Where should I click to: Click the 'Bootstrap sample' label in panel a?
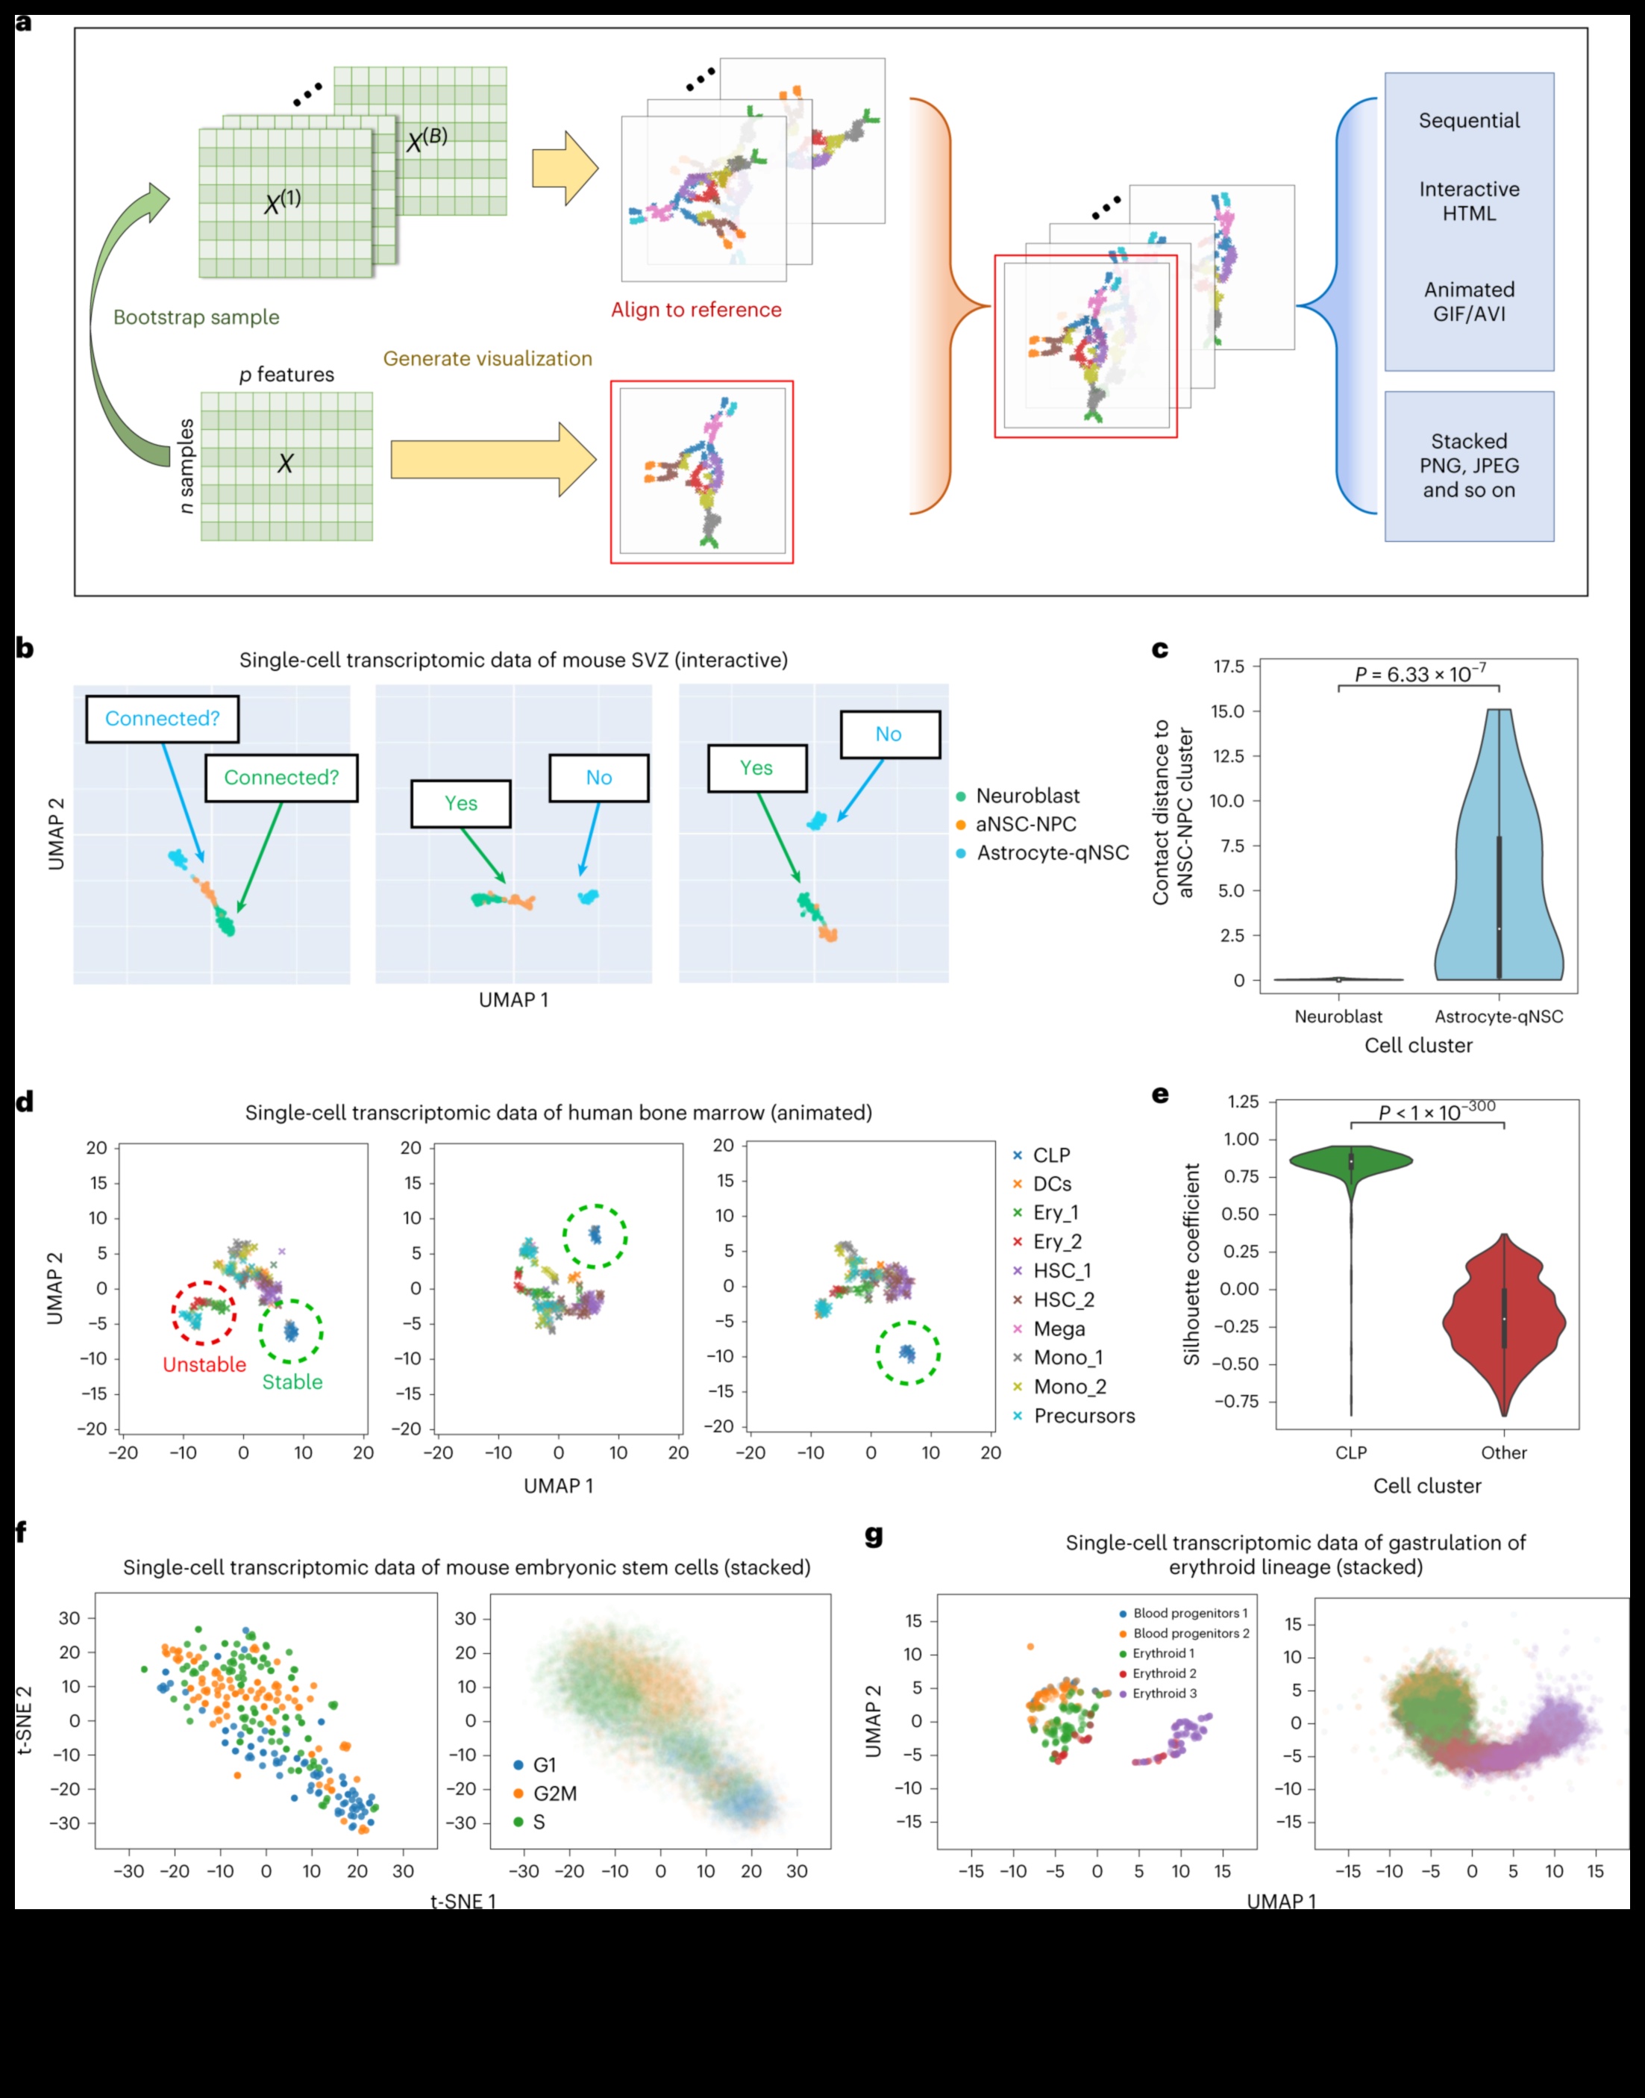tap(196, 317)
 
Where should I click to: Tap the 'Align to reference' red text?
tap(695, 309)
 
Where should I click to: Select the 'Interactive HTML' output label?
tap(1469, 202)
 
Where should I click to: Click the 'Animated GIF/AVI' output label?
tap(1469, 302)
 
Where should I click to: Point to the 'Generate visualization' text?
tap(487, 358)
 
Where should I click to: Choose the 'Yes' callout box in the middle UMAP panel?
tap(460, 803)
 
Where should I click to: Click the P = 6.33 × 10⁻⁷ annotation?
tap(1420, 674)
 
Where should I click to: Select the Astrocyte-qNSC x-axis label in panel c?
tap(1499, 1017)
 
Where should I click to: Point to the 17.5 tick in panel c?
tap(1229, 666)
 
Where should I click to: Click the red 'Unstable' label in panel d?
tap(204, 1365)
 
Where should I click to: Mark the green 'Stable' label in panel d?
tap(292, 1382)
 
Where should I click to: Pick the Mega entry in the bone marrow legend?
tap(1059, 1329)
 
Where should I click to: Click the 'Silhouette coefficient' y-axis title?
tap(1191, 1265)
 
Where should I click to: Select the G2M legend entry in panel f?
tap(554, 1793)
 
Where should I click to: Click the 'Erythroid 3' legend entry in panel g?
tap(1165, 1693)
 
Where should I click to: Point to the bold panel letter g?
tap(874, 1535)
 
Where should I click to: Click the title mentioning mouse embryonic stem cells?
tap(466, 1567)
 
